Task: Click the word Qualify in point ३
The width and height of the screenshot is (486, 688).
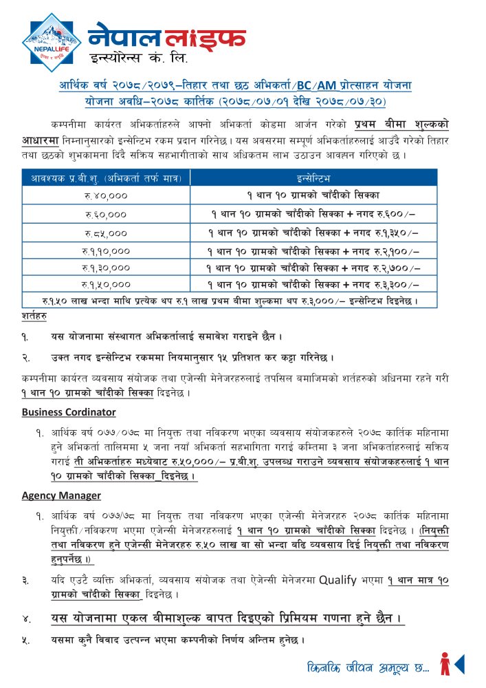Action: (338, 580)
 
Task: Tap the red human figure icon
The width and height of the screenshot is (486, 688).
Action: (445, 664)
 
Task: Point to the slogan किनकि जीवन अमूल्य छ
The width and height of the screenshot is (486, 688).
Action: (368, 667)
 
